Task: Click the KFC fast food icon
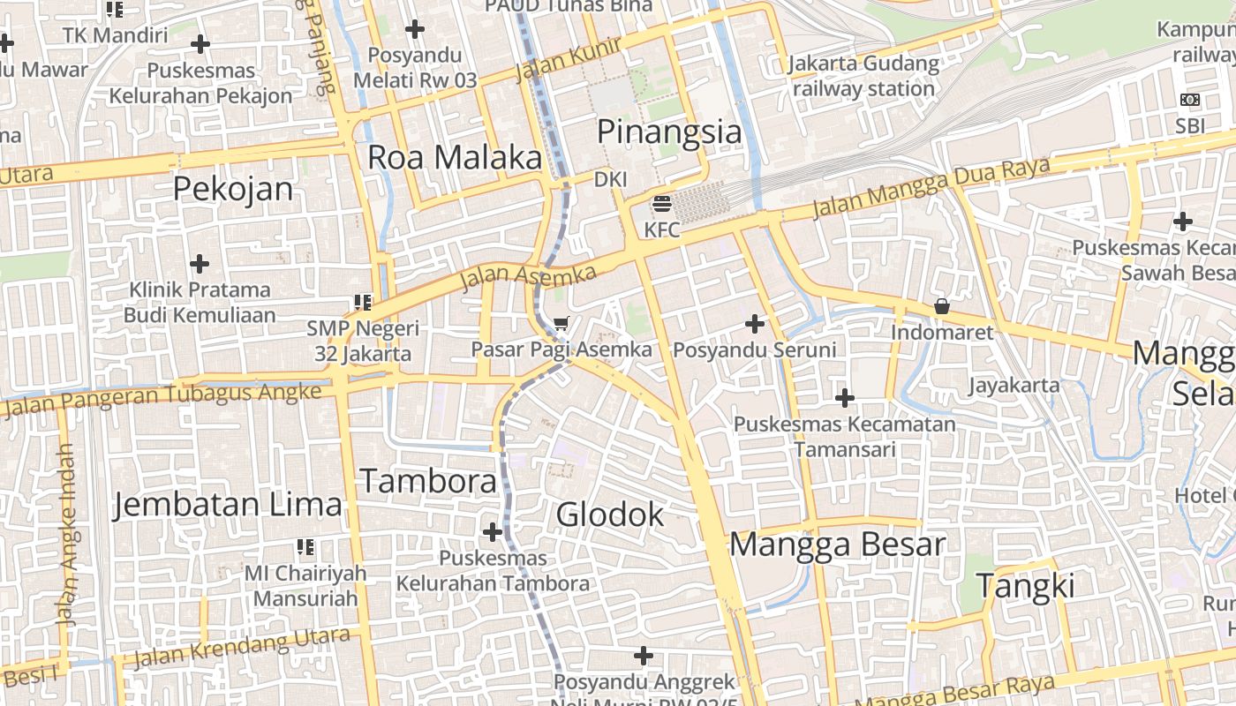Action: (x=662, y=205)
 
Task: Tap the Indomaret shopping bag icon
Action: (x=942, y=307)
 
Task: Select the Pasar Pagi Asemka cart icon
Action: (x=561, y=324)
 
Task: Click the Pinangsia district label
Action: (x=669, y=132)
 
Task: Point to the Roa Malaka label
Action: (x=454, y=158)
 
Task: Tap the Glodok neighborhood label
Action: (x=610, y=514)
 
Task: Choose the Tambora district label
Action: (x=428, y=482)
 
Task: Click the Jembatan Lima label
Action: (x=228, y=505)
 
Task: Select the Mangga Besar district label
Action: (x=837, y=545)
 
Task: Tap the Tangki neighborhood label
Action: (x=1026, y=586)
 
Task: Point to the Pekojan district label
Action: (x=233, y=189)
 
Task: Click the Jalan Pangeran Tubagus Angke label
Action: (x=163, y=399)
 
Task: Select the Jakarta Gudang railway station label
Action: (x=863, y=76)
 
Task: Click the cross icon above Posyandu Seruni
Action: (x=755, y=324)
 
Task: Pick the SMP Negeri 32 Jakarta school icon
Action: (x=362, y=303)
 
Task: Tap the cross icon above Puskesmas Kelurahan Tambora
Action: (x=493, y=532)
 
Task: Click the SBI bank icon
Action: (x=1190, y=100)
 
